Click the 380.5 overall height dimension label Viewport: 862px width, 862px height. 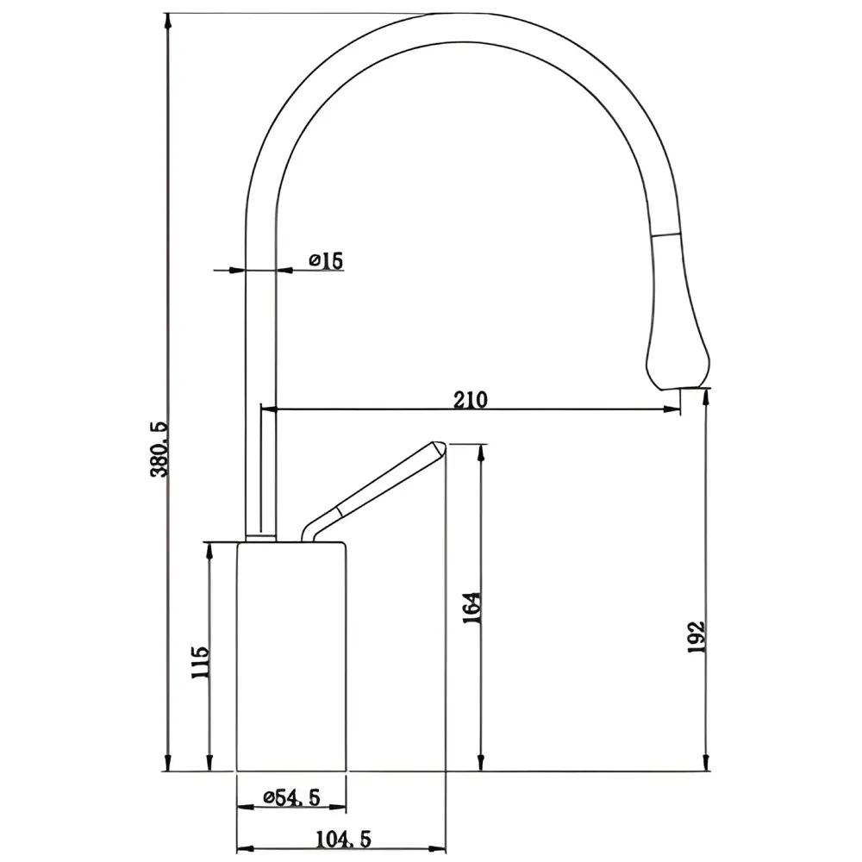pos(160,449)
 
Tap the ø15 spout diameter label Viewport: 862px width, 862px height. pos(327,260)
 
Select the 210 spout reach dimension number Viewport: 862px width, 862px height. pos(471,400)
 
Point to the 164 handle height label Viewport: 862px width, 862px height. pos(472,608)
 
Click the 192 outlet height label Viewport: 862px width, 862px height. pos(696,637)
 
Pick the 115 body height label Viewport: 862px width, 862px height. pos(200,662)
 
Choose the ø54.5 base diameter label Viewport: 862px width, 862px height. pos(291,797)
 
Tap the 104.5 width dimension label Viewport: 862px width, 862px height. pos(344,839)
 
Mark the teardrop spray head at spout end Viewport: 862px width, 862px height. pos(678,352)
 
